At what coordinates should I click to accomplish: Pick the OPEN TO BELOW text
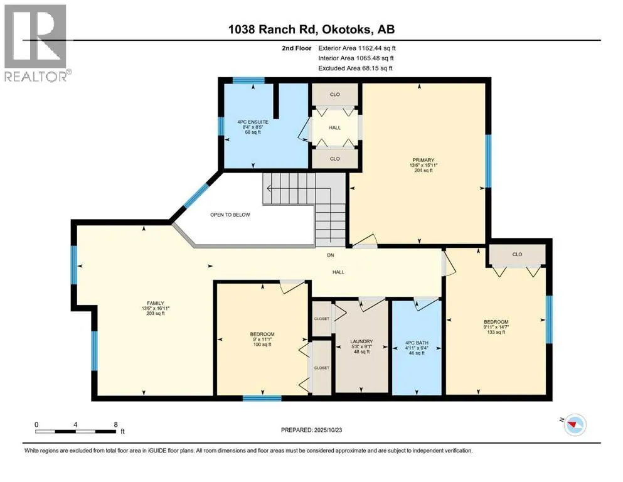[x=230, y=215]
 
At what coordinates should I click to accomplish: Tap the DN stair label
[x=331, y=255]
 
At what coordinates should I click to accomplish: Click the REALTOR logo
[x=36, y=43]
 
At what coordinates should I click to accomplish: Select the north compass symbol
[x=573, y=424]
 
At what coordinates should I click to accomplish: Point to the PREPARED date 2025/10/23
[x=311, y=430]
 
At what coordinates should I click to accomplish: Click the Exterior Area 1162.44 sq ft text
[x=357, y=48]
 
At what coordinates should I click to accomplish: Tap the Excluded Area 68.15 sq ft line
[x=355, y=68]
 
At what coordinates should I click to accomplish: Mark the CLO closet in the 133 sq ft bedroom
[x=517, y=254]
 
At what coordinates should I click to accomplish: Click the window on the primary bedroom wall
[x=488, y=161]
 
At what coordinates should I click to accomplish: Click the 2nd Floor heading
[x=296, y=48]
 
